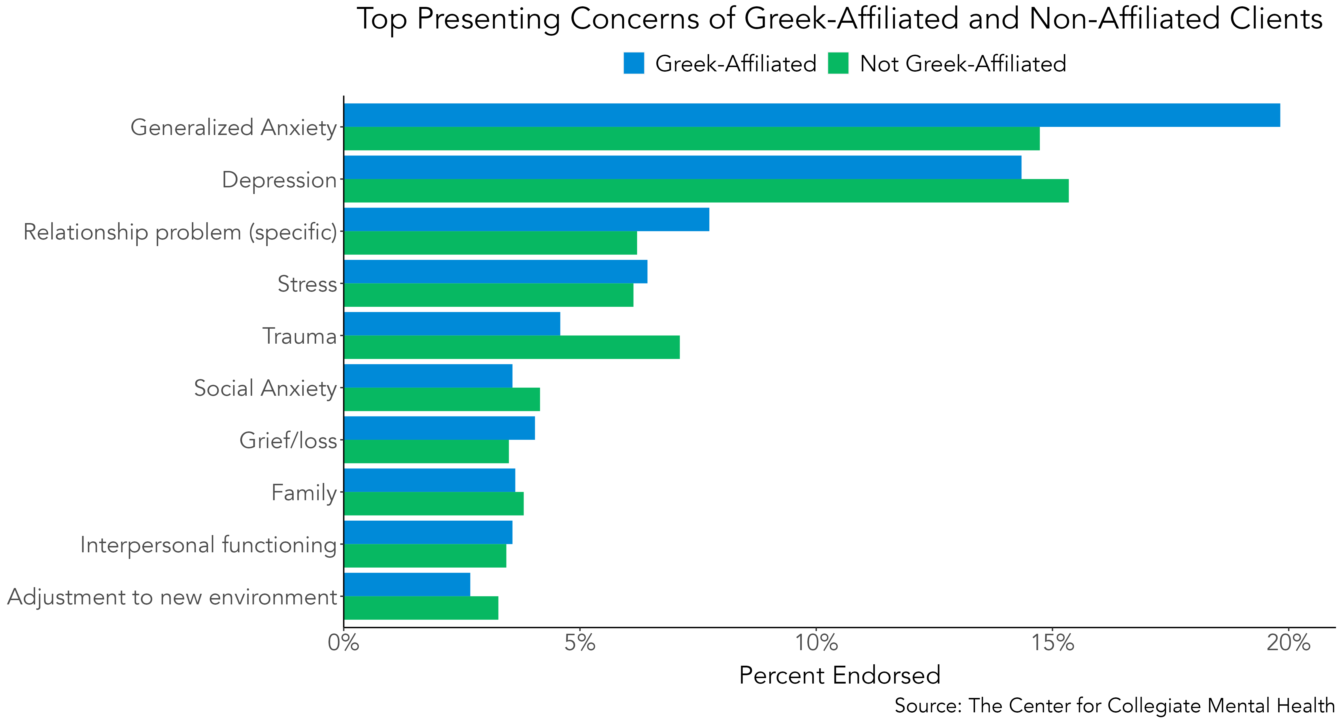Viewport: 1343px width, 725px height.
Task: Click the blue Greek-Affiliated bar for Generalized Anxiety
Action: (x=812, y=115)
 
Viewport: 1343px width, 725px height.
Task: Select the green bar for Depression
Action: (x=706, y=191)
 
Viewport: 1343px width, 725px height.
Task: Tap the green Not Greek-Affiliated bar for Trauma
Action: (x=511, y=347)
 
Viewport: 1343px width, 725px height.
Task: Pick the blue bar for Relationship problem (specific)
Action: (x=526, y=219)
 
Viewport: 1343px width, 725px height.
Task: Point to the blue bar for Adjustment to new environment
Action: (x=407, y=584)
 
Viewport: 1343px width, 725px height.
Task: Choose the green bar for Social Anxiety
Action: (x=442, y=399)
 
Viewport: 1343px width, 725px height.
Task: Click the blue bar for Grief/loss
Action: (x=439, y=428)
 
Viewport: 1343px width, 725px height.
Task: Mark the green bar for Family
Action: (x=434, y=503)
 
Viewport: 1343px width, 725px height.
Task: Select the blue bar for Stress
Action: (x=495, y=271)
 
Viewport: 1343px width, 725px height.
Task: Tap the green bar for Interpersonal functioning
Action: (x=425, y=555)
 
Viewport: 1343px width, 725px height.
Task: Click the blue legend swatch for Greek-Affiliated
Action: (x=633, y=63)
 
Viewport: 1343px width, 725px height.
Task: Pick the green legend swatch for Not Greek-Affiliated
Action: (x=838, y=63)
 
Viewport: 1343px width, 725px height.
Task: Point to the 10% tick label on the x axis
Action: (x=817, y=643)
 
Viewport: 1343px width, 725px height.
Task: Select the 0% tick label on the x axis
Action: (x=343, y=643)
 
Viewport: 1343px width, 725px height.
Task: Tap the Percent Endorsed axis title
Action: (x=840, y=675)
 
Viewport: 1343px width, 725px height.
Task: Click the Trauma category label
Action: (x=299, y=336)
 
